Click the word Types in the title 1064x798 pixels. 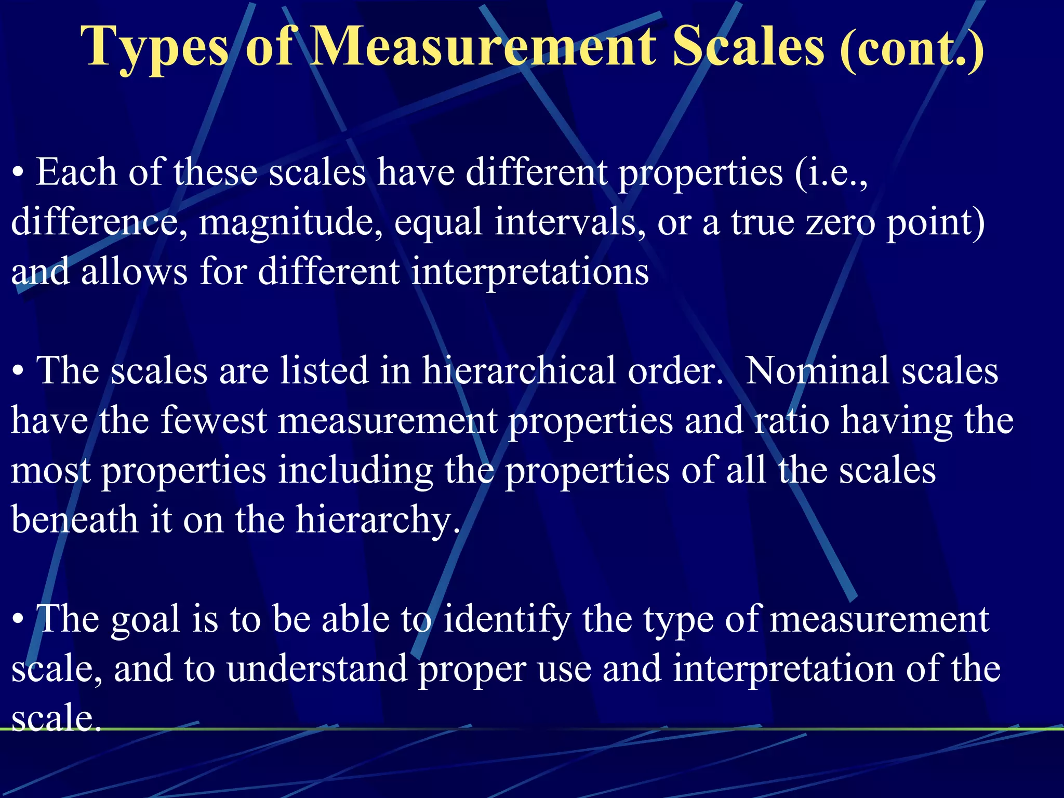click(x=155, y=48)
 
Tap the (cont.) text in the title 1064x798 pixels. click(x=912, y=49)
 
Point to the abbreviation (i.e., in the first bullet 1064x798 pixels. click(x=830, y=173)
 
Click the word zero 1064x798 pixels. click(x=840, y=222)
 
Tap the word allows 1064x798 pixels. click(x=134, y=272)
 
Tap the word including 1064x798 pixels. click(x=355, y=471)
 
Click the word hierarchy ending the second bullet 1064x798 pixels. click(x=378, y=520)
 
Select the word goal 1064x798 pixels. click(x=145, y=620)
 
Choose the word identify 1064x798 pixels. click(x=507, y=620)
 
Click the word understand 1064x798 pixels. click(x=317, y=669)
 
